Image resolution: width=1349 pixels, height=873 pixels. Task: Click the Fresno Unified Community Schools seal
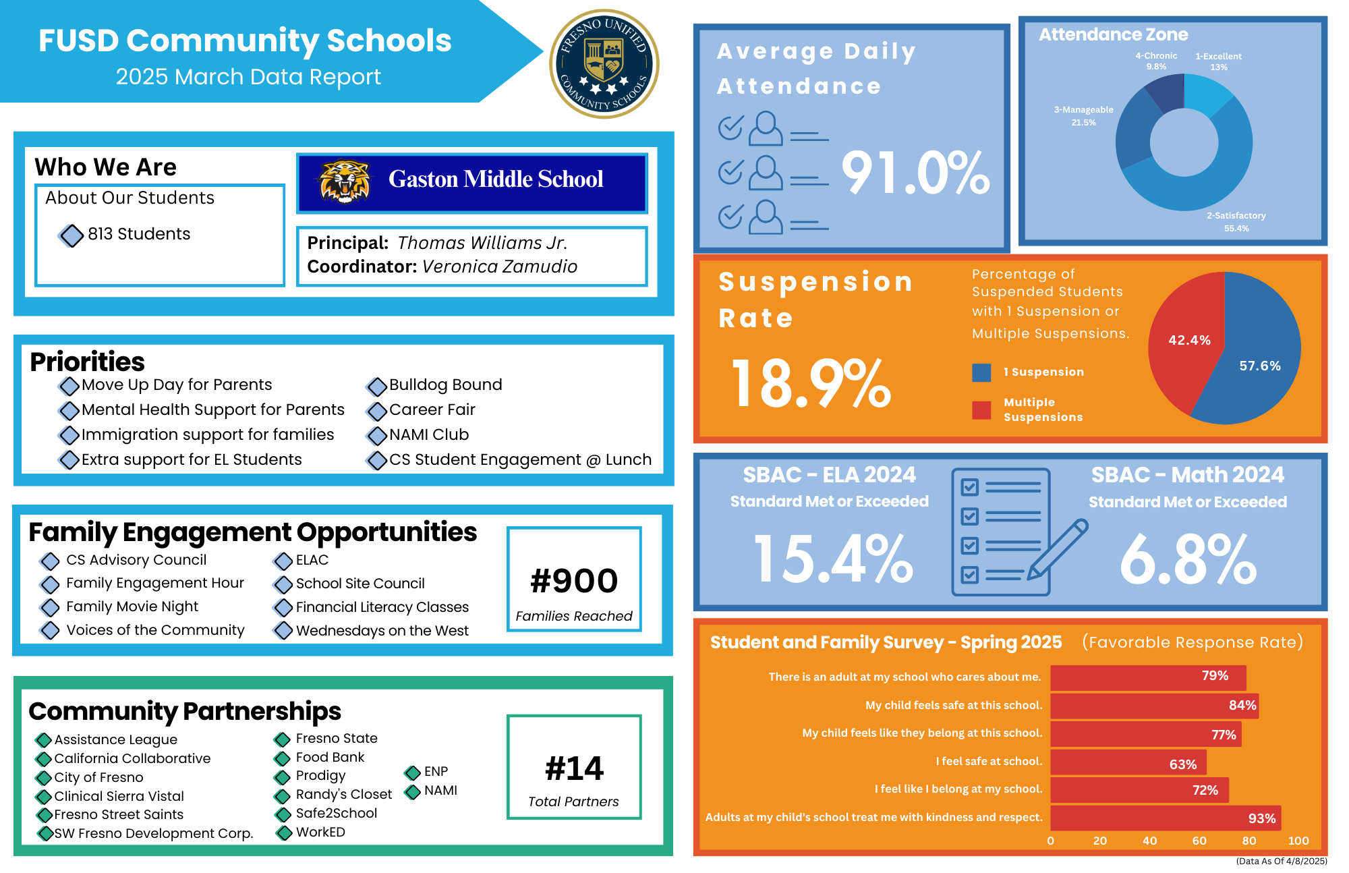coord(604,64)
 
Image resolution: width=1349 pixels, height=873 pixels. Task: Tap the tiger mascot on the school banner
coord(345,181)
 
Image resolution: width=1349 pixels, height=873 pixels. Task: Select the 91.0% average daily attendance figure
coord(915,173)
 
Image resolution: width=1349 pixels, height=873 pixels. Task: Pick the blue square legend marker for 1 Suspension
coord(981,372)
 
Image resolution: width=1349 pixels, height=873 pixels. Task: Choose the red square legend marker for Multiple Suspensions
coord(981,410)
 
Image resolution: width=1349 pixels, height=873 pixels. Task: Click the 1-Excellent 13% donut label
coord(1218,61)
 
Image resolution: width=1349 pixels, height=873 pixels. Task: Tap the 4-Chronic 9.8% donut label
coord(1156,61)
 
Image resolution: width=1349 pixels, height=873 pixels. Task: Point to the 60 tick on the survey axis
coord(1199,841)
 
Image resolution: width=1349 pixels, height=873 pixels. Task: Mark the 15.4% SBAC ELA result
coord(833,559)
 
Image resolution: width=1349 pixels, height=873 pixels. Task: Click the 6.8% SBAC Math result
coord(1188,559)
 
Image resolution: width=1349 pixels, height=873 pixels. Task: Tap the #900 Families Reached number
coord(574,581)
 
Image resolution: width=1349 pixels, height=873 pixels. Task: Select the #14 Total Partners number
coord(574,768)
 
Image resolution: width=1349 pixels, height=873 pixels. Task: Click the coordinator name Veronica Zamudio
coord(500,266)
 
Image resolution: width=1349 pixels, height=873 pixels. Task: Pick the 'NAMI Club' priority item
coord(429,434)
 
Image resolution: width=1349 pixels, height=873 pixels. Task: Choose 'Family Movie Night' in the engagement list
coord(132,607)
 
